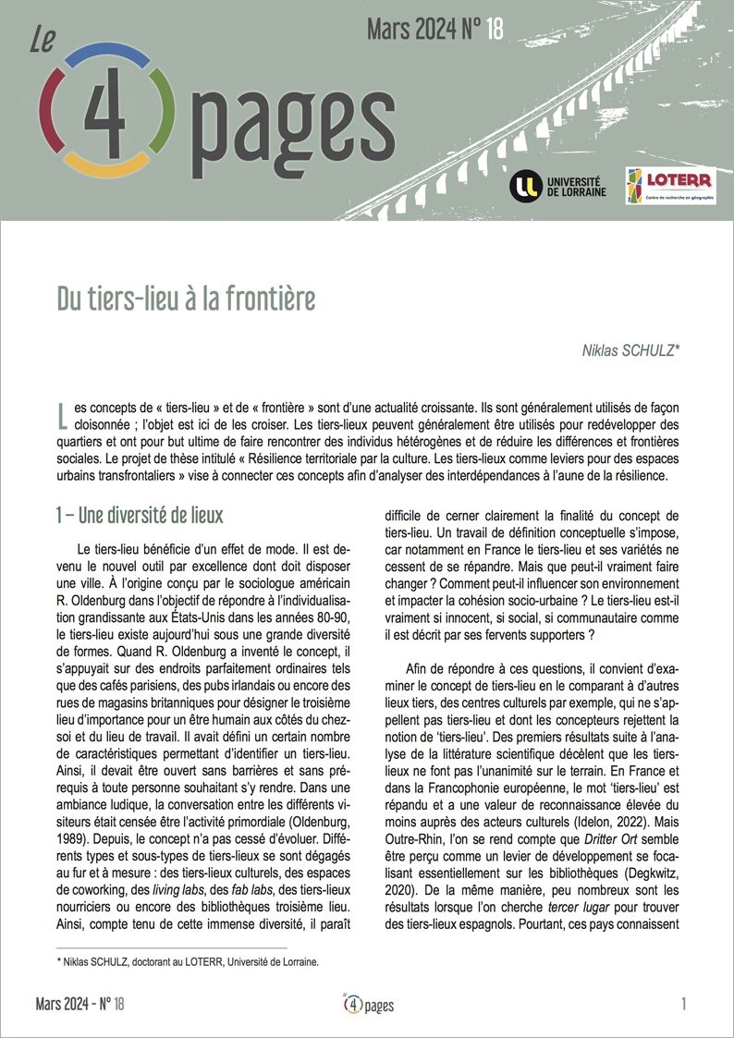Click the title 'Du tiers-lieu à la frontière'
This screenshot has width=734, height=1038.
[186, 299]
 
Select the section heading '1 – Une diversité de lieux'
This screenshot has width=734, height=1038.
[139, 514]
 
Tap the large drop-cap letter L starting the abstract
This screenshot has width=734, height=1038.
[62, 415]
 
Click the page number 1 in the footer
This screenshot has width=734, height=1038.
[682, 1003]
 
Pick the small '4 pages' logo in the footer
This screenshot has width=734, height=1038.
[367, 1003]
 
